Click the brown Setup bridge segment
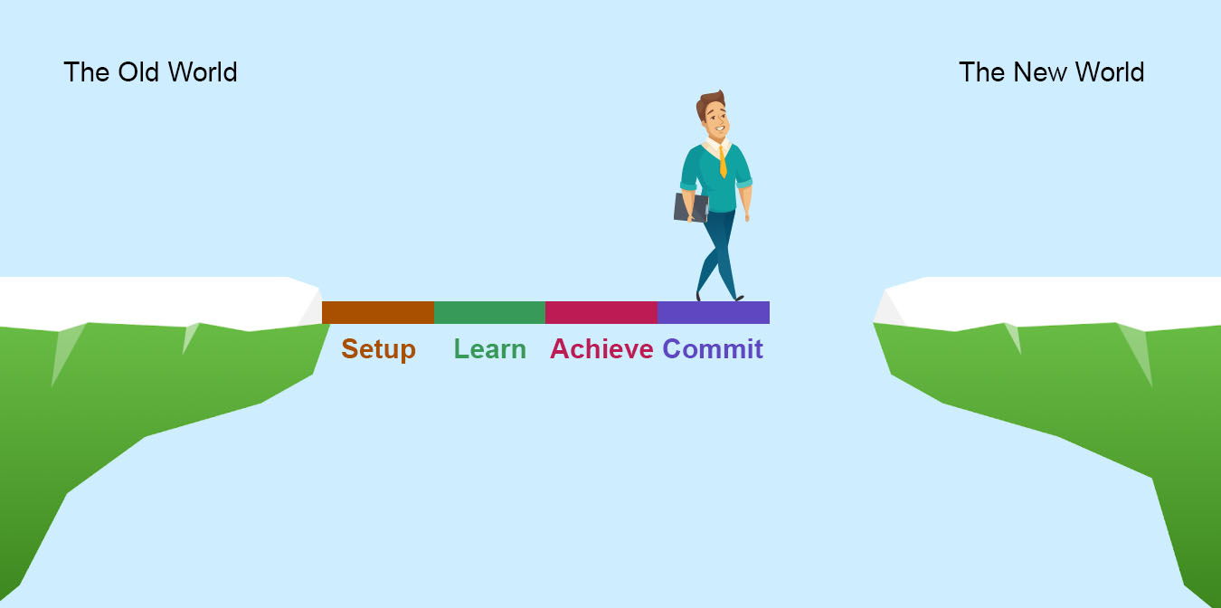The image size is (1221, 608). (x=378, y=312)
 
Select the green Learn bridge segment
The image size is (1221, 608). (x=490, y=312)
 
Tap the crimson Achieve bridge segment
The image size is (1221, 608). (x=601, y=312)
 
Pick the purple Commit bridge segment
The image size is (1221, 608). (x=714, y=312)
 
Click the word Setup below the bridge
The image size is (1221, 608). (x=378, y=350)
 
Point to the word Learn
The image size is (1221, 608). (x=490, y=349)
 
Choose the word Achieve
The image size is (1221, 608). (x=601, y=349)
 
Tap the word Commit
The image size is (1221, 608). (x=713, y=349)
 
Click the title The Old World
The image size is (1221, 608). (x=150, y=72)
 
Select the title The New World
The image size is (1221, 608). (x=1052, y=72)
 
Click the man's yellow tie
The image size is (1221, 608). (x=723, y=162)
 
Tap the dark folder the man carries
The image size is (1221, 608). (x=691, y=208)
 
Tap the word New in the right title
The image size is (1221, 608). (x=1041, y=72)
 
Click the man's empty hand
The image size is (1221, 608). (x=747, y=215)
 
